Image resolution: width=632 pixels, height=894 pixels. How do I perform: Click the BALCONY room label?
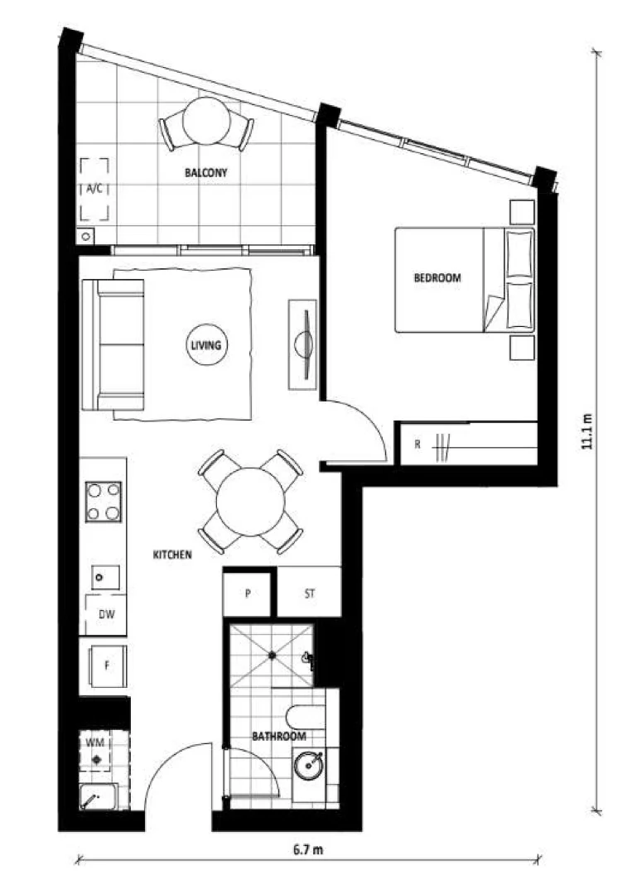205,173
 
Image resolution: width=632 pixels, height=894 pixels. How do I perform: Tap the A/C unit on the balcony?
94,190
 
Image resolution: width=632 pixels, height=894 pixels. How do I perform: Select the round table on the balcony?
206,121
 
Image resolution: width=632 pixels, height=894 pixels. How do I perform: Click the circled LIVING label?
205,345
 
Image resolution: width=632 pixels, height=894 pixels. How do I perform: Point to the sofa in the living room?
113,345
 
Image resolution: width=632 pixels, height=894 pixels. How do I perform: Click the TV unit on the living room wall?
303,344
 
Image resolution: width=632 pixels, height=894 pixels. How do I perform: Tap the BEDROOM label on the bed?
437,278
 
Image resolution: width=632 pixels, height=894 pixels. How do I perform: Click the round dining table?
250,502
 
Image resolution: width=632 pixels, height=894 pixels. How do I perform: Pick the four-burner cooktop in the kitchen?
104,501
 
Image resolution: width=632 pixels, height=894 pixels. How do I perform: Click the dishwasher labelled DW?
106,615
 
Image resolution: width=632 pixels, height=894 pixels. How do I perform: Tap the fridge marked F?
106,665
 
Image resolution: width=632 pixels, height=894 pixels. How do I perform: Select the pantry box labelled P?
248,594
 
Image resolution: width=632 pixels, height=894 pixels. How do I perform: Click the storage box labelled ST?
309,594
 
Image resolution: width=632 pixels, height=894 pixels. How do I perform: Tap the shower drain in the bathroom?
271,656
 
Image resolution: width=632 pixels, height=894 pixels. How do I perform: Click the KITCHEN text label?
172,555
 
